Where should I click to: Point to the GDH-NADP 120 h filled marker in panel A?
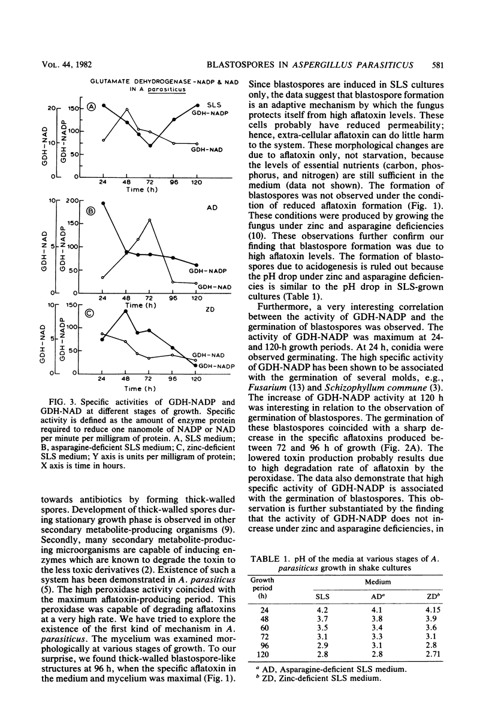coord(198,105)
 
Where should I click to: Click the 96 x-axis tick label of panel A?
coord(174,182)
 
